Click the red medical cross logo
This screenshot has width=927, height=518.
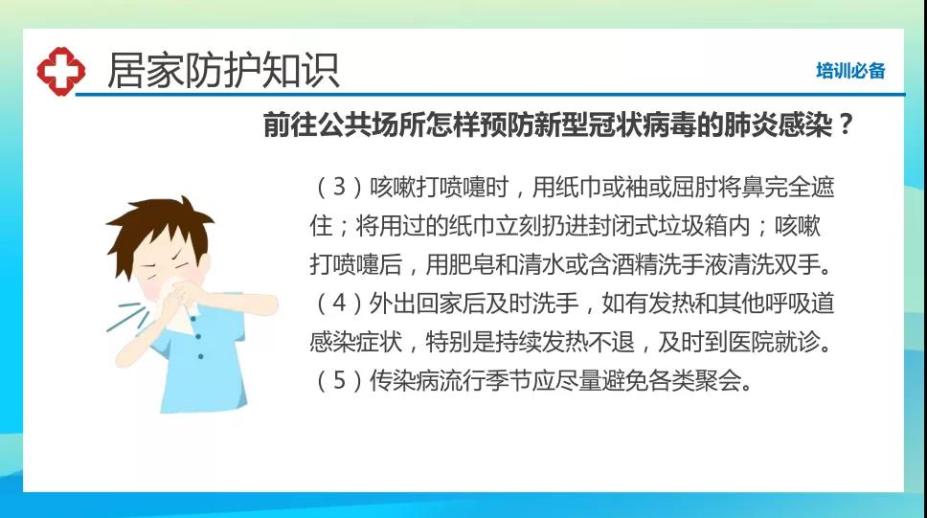point(61,72)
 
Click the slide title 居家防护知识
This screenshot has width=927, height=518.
point(223,71)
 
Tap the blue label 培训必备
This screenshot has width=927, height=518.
point(850,70)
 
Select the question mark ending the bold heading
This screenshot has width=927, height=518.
point(846,124)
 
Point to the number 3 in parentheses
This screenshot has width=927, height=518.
point(339,187)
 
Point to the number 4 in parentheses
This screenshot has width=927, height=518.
point(339,303)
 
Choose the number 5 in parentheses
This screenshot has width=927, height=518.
point(339,380)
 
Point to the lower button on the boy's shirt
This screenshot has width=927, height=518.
point(201,356)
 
